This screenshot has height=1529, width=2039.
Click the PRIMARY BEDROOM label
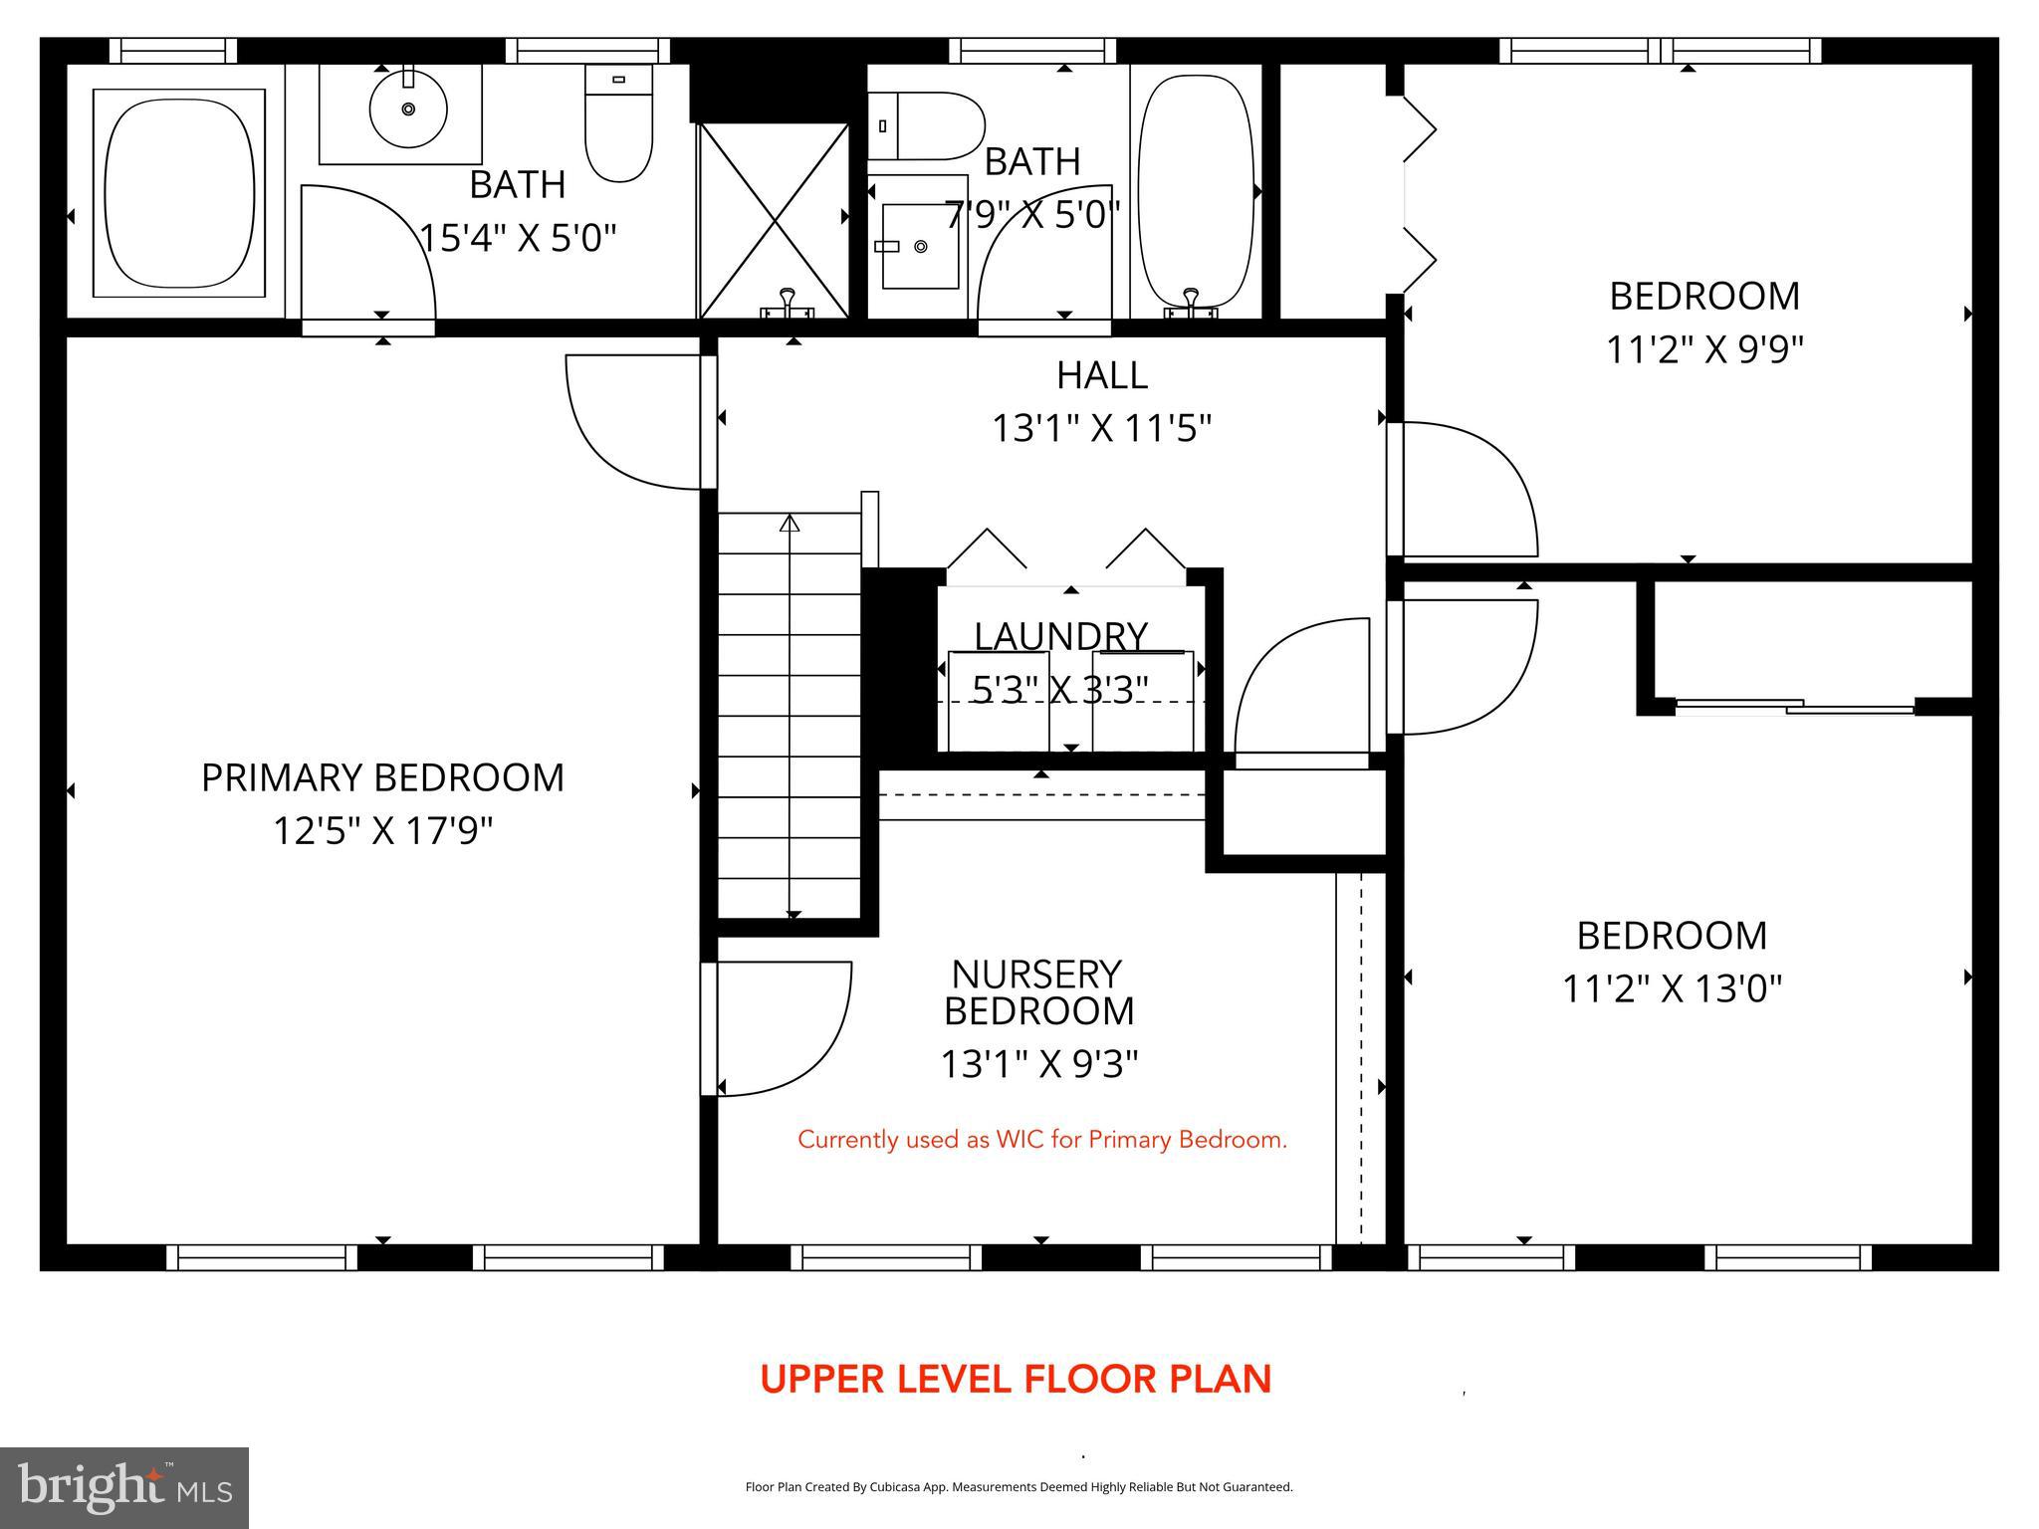pyautogui.click(x=382, y=777)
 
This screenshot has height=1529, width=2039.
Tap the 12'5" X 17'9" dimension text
pyautogui.click(x=382, y=830)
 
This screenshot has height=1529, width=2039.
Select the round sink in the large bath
pyautogui.click(x=407, y=109)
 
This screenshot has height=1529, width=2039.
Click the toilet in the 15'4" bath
pyautogui.click(x=618, y=124)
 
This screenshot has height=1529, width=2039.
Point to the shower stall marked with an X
pyautogui.click(x=774, y=220)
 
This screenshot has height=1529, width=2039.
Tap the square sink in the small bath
pyautogui.click(x=920, y=246)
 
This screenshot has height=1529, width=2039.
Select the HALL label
pyautogui.click(x=1101, y=375)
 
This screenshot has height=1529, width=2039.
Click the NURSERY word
pyautogui.click(x=1036, y=974)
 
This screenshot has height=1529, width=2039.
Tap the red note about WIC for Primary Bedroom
pyautogui.click(x=1042, y=1140)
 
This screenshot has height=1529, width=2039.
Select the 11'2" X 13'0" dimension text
pyautogui.click(x=1671, y=988)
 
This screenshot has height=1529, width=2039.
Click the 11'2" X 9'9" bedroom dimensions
pyautogui.click(x=1704, y=349)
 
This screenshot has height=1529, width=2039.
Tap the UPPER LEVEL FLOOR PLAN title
pyautogui.click(x=1016, y=1380)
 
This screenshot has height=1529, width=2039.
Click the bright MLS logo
pyautogui.click(x=124, y=1487)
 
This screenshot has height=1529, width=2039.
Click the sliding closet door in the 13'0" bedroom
pyautogui.click(x=1794, y=707)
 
